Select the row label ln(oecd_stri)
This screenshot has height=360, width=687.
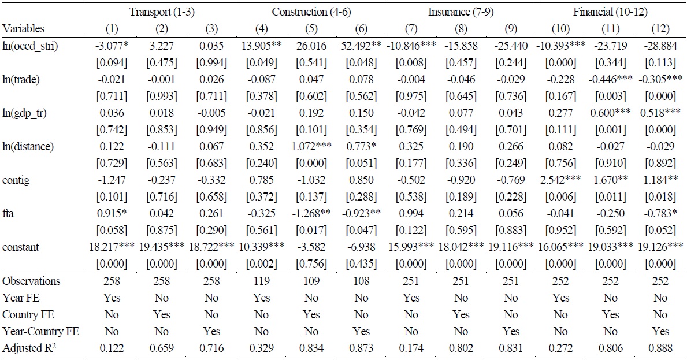[27, 45]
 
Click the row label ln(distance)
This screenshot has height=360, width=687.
[28, 146]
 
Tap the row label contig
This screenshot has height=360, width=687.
[15, 180]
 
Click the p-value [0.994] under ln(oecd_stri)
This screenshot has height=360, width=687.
[211, 62]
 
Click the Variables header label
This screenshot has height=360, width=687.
[23, 28]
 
